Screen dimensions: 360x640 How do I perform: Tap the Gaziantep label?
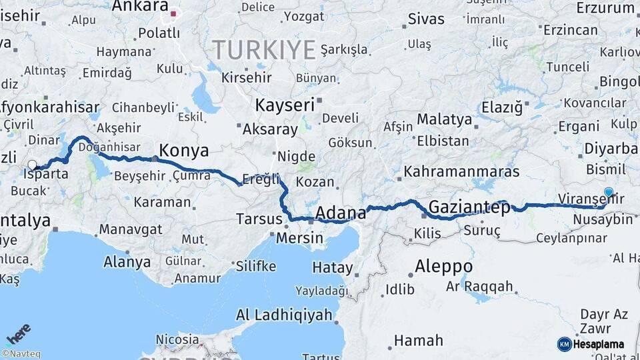click(x=469, y=207)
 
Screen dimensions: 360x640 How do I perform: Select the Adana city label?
click(x=340, y=213)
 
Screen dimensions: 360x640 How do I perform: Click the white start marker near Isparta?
click(x=32, y=164)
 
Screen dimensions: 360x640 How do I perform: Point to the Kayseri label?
click(x=285, y=105)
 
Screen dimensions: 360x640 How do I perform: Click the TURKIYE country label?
click(x=264, y=50)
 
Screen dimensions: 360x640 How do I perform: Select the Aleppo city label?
click(x=443, y=267)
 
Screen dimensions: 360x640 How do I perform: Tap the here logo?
click(x=19, y=333)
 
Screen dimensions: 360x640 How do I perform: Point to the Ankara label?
click(x=140, y=7)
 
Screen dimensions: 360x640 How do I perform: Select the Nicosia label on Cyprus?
click(x=177, y=339)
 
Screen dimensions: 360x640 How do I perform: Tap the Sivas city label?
click(x=425, y=18)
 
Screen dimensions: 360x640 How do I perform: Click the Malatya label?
click(x=445, y=120)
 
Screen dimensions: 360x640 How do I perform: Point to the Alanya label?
click(x=127, y=262)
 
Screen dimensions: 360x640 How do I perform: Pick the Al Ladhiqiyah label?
click(x=285, y=314)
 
